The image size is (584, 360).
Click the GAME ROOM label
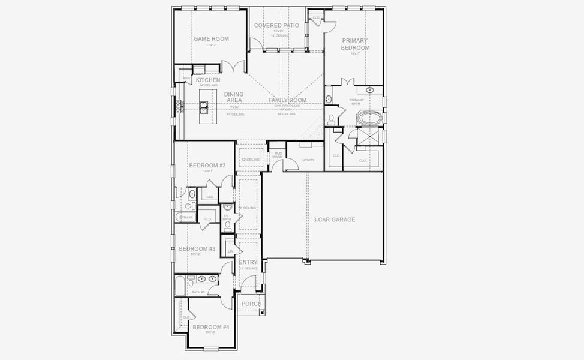point(210,39)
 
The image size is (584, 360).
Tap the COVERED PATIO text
point(276,26)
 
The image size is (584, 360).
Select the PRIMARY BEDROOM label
point(355,44)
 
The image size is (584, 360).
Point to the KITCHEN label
point(207,80)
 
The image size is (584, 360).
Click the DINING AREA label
point(233,97)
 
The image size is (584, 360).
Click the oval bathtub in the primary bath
point(369,118)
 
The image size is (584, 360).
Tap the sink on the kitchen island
point(204,107)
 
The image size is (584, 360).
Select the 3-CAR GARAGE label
point(334,220)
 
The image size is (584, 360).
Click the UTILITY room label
point(308,160)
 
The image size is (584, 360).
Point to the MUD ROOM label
point(278,155)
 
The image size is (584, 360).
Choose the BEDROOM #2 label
point(207,166)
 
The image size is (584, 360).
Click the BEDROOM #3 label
point(197,248)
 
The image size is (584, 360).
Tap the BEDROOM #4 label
point(210,327)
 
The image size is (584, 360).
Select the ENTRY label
point(248,263)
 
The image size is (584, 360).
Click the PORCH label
point(251,304)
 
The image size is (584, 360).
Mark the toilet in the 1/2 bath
point(228,226)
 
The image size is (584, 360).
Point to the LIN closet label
point(230,251)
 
